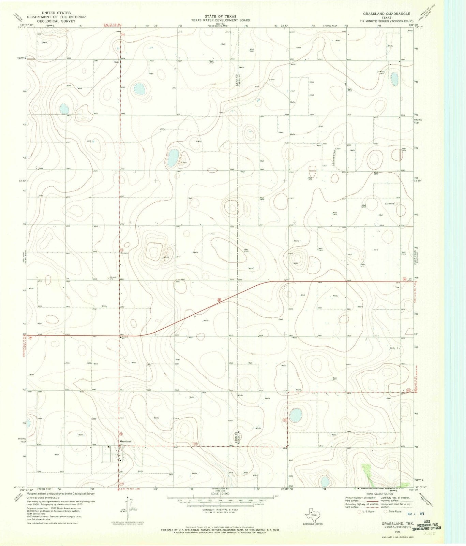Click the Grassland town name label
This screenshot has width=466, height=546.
125,441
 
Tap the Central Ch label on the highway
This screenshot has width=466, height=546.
124,337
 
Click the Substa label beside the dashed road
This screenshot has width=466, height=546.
124,253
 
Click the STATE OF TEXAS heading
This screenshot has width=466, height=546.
220,16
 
